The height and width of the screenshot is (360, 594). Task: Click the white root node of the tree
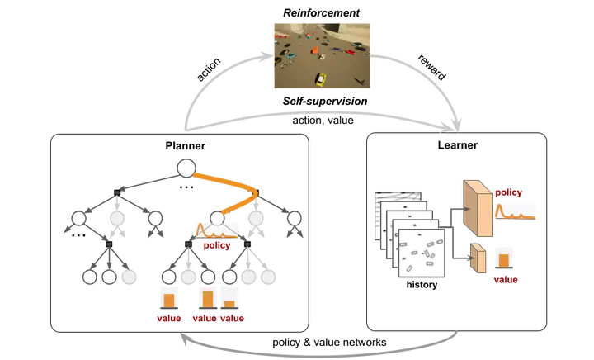[186, 168]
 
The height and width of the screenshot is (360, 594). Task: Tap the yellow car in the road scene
[319, 79]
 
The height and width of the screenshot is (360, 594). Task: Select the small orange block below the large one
[476, 258]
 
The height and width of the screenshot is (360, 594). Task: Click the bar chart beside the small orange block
[504, 258]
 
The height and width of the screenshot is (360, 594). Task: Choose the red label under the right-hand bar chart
[505, 280]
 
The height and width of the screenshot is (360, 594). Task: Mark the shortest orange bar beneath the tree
[230, 303]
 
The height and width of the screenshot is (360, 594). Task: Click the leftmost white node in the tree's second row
[78, 219]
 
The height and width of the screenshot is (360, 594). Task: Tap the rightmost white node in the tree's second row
[295, 219]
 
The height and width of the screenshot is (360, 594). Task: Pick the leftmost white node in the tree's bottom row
[91, 277]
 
